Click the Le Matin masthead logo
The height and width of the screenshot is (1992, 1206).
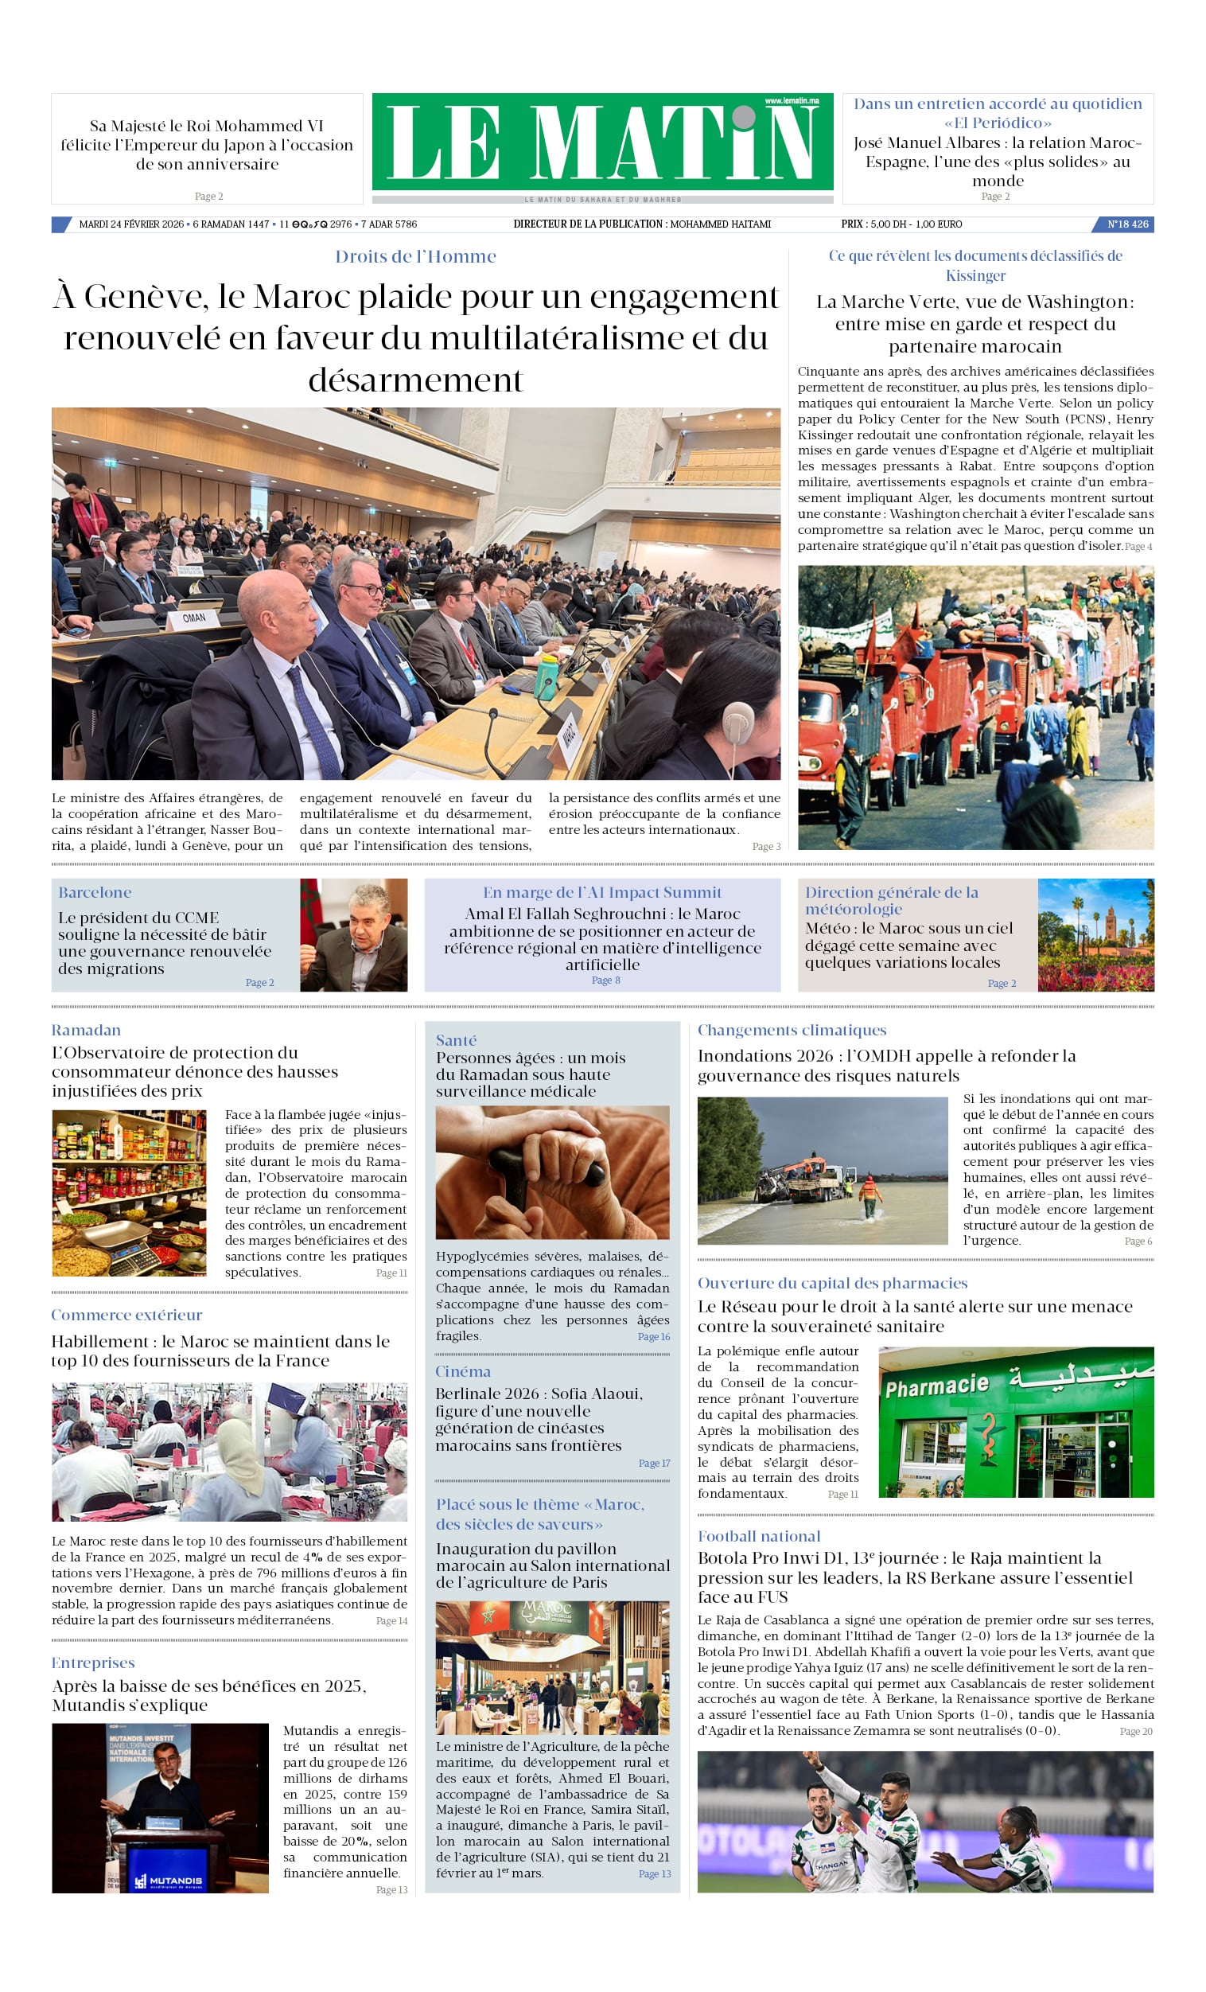pyautogui.click(x=602, y=142)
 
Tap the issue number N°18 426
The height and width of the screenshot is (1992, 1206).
pyautogui.click(x=1126, y=224)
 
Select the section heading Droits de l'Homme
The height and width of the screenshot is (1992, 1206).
pyautogui.click(x=415, y=256)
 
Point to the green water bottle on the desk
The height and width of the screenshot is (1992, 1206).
pyautogui.click(x=547, y=672)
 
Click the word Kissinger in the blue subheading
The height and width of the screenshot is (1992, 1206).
pyautogui.click(x=975, y=275)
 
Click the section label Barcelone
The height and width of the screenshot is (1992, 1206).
pyautogui.click(x=95, y=892)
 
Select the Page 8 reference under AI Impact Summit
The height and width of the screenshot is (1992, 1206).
pyautogui.click(x=605, y=980)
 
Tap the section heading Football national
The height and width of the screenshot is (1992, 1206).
pyautogui.click(x=758, y=1536)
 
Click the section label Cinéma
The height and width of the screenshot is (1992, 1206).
pyautogui.click(x=462, y=1371)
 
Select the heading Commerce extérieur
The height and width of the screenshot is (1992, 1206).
pyautogui.click(x=126, y=1315)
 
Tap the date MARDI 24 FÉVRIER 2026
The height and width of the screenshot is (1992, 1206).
pyautogui.click(x=131, y=224)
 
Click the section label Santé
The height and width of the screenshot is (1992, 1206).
pyautogui.click(x=456, y=1040)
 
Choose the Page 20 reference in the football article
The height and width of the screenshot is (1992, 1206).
pyautogui.click(x=1136, y=1731)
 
